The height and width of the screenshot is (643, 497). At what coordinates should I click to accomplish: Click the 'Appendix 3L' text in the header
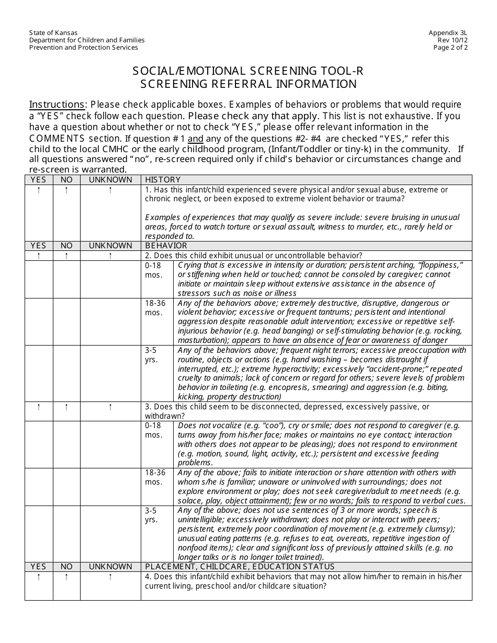tap(448, 32)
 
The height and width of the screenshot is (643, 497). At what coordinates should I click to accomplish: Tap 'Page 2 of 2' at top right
tap(450, 47)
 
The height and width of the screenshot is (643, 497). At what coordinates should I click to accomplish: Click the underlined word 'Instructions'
tap(57, 104)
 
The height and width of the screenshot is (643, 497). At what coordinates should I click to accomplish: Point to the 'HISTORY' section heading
tap(163, 180)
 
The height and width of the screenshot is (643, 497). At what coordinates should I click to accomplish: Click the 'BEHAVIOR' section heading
tap(166, 246)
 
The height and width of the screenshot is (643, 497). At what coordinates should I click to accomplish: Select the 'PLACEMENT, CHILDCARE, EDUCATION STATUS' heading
tap(240, 567)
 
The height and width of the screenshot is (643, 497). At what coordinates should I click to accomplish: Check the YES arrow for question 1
tap(39, 190)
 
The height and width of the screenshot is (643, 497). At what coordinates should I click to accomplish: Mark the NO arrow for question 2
tap(66, 256)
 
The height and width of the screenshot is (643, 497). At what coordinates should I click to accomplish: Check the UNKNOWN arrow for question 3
tap(110, 407)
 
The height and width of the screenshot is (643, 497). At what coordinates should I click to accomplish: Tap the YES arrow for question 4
tap(39, 577)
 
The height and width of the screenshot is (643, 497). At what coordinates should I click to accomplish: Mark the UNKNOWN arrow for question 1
tap(110, 190)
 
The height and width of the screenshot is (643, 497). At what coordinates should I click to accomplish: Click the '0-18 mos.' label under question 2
tap(154, 270)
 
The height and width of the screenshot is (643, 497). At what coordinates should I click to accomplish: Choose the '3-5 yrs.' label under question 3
tap(152, 515)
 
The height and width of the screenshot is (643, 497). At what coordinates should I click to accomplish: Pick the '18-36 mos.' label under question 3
tap(155, 477)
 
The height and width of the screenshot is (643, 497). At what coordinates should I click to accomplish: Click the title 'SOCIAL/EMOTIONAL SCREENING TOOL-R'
tap(248, 71)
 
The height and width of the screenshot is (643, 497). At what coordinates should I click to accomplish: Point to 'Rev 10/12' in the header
tap(453, 40)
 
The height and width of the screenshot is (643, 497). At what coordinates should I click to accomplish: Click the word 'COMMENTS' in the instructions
tap(57, 139)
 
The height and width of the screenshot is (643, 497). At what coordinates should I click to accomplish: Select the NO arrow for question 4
tap(66, 577)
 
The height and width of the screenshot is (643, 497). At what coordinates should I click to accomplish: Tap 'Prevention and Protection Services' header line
tap(84, 47)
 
